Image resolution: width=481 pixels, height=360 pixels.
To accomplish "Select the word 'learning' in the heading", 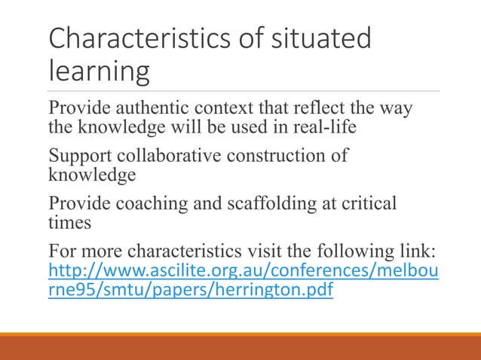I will [x=98, y=72].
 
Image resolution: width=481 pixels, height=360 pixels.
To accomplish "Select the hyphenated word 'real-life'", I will [x=324, y=126].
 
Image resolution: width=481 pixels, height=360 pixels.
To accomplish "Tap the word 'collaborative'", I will [x=165, y=157].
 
